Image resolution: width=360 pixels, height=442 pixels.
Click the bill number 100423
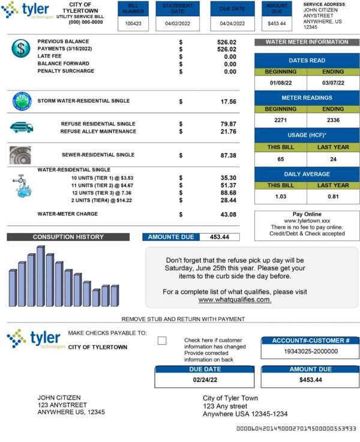[133, 23]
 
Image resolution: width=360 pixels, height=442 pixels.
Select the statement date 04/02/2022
[178, 23]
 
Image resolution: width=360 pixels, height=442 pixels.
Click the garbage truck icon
[21, 127]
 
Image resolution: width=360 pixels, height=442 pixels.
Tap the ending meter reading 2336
[333, 120]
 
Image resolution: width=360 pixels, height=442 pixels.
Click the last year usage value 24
[333, 159]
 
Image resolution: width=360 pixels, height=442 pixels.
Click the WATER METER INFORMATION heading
[307, 42]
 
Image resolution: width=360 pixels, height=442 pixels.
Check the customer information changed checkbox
[162, 341]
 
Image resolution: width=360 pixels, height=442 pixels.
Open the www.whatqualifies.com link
[235, 300]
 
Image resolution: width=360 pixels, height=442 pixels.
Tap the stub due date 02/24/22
[204, 380]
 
